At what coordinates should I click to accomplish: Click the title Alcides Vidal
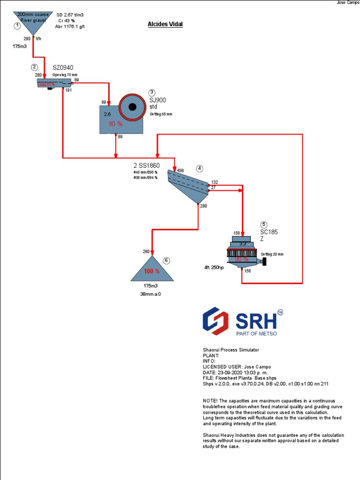click(165, 24)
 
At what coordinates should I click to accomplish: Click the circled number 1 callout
click(17, 26)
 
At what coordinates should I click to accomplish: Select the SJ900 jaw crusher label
click(157, 100)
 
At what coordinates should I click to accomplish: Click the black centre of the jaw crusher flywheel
click(133, 107)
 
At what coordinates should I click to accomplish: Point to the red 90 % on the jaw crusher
click(115, 124)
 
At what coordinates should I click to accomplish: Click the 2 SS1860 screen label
click(147, 165)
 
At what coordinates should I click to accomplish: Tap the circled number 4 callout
click(200, 168)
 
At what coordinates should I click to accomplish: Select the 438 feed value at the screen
click(180, 171)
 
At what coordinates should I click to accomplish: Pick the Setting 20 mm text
click(272, 254)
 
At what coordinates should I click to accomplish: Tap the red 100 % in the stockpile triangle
click(151, 271)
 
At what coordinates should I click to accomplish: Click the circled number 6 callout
click(166, 261)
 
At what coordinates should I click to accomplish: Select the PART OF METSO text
click(256, 333)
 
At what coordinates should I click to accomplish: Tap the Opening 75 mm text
click(65, 75)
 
